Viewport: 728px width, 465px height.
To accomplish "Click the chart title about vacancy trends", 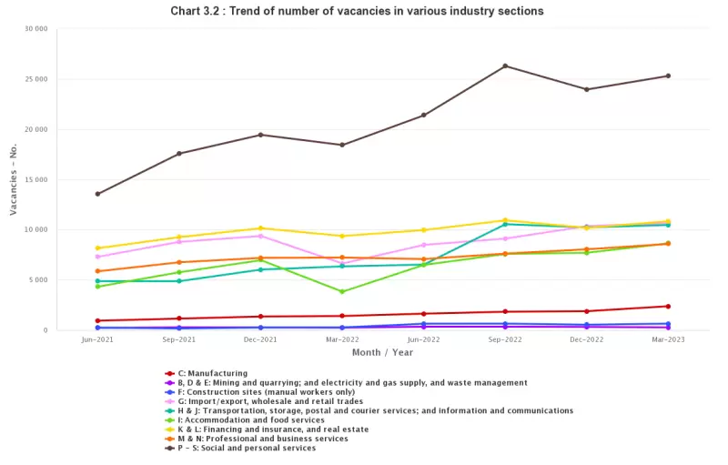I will tap(358, 11).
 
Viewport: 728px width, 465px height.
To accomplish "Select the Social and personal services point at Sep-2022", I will tap(505, 66).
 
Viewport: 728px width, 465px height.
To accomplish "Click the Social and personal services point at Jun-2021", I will tap(97, 194).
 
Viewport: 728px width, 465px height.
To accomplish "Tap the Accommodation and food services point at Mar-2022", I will tap(342, 292).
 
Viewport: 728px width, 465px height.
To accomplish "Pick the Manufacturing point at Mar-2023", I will tap(668, 306).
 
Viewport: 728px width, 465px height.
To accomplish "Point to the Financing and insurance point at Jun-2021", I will tap(97, 248).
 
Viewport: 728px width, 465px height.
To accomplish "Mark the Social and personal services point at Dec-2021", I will tap(261, 135).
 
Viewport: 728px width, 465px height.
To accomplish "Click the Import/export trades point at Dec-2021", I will tap(261, 236).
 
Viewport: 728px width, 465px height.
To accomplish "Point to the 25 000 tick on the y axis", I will tap(35, 79).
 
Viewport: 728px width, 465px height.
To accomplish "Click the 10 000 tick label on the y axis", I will tap(35, 229).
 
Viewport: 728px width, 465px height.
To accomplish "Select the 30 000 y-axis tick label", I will tap(35, 29).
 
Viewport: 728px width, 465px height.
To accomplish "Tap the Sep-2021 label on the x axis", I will tap(178, 339).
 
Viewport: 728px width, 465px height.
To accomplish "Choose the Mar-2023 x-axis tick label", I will tap(668, 339).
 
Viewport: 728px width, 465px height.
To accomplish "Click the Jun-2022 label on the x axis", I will tap(423, 339).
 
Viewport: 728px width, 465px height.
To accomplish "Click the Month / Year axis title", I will tap(382, 352).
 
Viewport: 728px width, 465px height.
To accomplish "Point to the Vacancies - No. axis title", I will tap(14, 179).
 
